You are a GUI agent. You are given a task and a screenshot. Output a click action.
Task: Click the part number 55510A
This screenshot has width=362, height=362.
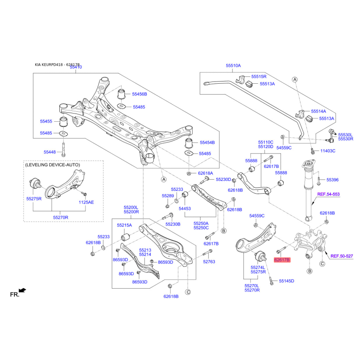tap(233, 66)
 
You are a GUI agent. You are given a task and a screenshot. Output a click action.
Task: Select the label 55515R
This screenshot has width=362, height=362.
tap(259, 76)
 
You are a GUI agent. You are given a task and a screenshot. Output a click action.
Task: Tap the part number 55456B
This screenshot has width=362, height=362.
tap(139, 94)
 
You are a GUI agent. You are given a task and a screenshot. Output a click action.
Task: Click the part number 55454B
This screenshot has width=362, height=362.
tap(207, 143)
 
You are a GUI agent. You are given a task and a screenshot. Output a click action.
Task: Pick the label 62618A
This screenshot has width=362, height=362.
tap(205, 173)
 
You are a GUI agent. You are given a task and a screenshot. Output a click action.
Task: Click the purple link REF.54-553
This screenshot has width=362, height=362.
tap(328, 194)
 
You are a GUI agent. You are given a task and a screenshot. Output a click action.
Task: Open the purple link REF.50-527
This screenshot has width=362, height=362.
tap(341, 256)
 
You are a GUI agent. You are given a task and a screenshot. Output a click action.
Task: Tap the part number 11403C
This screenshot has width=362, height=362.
tap(328, 151)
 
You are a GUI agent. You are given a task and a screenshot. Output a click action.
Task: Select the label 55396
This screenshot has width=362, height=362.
tap(333, 180)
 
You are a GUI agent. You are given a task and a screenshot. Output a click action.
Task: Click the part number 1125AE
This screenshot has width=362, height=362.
tap(86, 202)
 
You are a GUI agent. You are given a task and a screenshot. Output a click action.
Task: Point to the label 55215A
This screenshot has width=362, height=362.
tap(124, 225)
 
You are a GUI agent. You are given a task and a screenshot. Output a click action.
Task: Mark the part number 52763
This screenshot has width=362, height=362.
tap(209, 262)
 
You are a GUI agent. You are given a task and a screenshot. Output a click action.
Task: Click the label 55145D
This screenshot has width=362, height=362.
tap(286, 281)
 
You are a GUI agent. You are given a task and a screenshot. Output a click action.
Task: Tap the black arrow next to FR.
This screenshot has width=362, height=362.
tap(23, 290)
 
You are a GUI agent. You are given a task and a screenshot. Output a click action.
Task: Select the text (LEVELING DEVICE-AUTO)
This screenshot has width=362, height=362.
tap(52, 165)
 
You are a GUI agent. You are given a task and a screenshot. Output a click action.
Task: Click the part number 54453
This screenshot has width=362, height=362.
tap(185, 209)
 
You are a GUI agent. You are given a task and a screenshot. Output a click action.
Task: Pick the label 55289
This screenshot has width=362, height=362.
tap(168, 195)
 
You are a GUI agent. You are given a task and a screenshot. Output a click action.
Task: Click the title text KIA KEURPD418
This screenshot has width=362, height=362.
tap(50, 65)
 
